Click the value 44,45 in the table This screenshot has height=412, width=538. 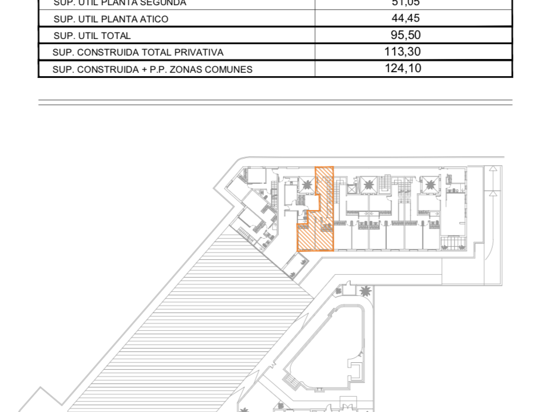tap(405, 18)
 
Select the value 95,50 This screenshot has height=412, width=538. tap(405, 35)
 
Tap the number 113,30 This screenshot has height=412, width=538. tap(403, 52)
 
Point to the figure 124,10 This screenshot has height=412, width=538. tap(403, 69)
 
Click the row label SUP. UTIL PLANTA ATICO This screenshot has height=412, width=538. tap(110, 19)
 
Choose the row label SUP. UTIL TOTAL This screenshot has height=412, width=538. tap(92, 35)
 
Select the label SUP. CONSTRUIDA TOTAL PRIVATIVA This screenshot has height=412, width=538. tap(137, 53)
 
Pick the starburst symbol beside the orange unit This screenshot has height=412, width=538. tap(307, 184)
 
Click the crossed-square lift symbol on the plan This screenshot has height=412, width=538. tap(351, 188)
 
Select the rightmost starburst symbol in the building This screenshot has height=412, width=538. tap(429, 184)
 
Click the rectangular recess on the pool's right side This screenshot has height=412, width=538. tap(358, 373)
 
